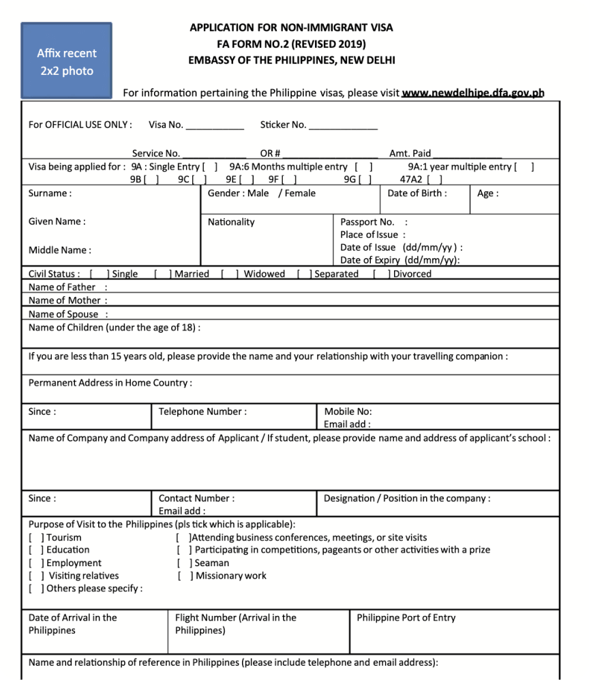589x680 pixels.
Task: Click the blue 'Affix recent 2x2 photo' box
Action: point(66,61)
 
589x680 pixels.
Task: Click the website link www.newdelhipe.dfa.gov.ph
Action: point(473,93)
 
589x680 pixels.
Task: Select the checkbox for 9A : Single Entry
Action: point(210,167)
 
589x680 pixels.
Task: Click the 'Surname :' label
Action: point(49,194)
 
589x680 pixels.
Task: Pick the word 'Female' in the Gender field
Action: point(300,194)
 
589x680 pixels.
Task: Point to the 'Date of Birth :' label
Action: point(417,194)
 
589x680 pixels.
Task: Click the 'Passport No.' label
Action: point(367,222)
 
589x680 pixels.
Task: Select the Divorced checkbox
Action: point(381,274)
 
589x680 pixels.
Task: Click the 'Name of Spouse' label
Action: point(63,314)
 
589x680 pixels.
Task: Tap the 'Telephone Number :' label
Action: point(202,412)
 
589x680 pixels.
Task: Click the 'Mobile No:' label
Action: point(348,412)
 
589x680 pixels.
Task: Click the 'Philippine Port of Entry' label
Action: point(406,618)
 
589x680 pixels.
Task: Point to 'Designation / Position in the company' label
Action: point(406,499)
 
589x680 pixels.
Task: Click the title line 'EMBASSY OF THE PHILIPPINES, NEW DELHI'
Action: point(291,60)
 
